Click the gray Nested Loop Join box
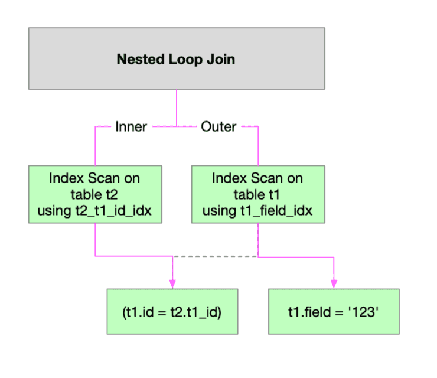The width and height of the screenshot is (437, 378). pyautogui.click(x=176, y=58)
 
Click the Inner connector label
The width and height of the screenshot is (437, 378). pyautogui.click(x=131, y=126)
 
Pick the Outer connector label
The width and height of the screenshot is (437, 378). pyautogui.click(x=218, y=126)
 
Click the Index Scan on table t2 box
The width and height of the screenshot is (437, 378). pyautogui.click(x=94, y=194)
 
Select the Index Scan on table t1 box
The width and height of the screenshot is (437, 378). pyautogui.click(x=257, y=194)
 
